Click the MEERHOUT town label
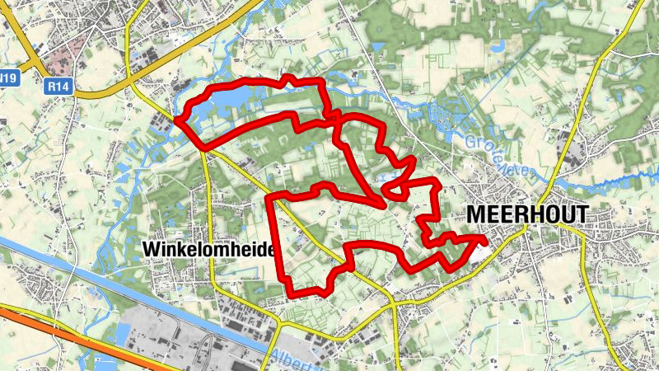click(527, 214)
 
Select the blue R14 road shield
click(57, 85)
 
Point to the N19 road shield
click(8, 79)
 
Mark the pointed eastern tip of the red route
click(484, 238)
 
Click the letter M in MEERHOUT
click(476, 214)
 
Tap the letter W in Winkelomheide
click(149, 248)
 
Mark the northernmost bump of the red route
click(288, 78)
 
